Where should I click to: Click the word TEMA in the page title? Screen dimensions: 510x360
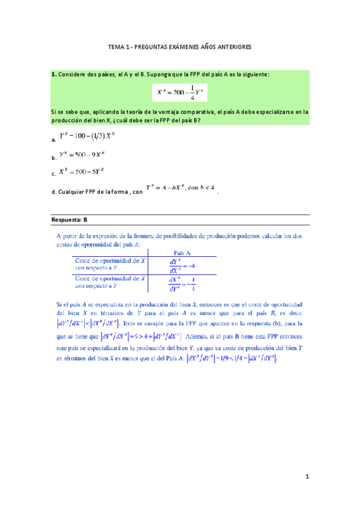click(115, 46)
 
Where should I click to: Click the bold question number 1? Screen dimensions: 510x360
click(53, 74)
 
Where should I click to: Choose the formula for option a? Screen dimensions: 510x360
click(86, 137)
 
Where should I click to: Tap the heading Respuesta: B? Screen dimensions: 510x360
click(70, 220)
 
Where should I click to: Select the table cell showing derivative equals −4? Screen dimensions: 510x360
click(181, 265)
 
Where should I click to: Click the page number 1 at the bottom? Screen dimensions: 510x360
click(307, 477)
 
